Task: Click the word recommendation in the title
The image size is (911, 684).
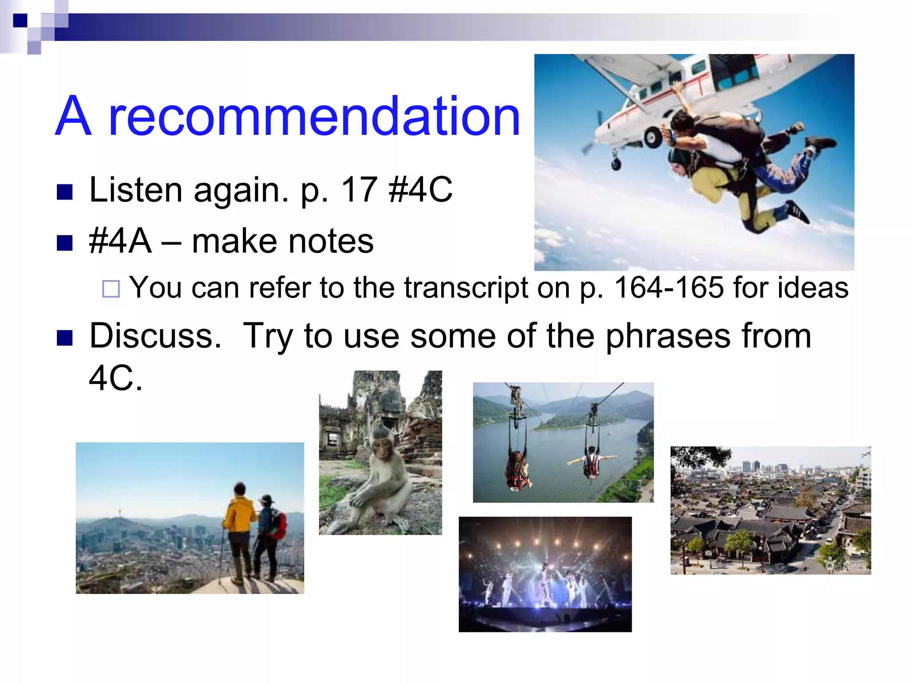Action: (314, 117)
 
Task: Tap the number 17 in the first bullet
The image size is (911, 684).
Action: (359, 190)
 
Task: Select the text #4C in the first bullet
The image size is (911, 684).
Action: (420, 190)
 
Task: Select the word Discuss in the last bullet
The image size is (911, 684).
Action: (155, 336)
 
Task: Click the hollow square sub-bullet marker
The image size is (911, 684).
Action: (111, 289)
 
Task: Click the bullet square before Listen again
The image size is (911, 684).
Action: (65, 192)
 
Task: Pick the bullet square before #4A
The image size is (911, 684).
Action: (65, 243)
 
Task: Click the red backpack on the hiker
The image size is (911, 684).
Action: (278, 524)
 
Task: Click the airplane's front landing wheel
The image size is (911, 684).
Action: (616, 164)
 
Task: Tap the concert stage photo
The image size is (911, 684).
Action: (545, 574)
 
